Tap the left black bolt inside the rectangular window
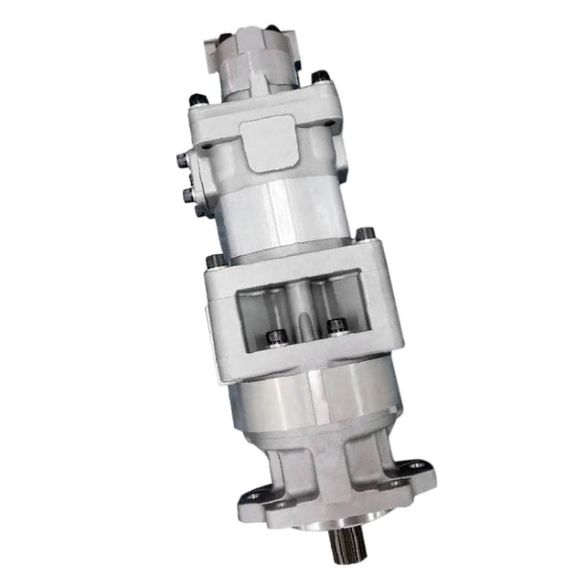(273, 338)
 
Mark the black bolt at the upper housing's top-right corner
(319, 77)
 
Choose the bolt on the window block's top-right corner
(363, 234)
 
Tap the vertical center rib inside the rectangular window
(302, 311)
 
